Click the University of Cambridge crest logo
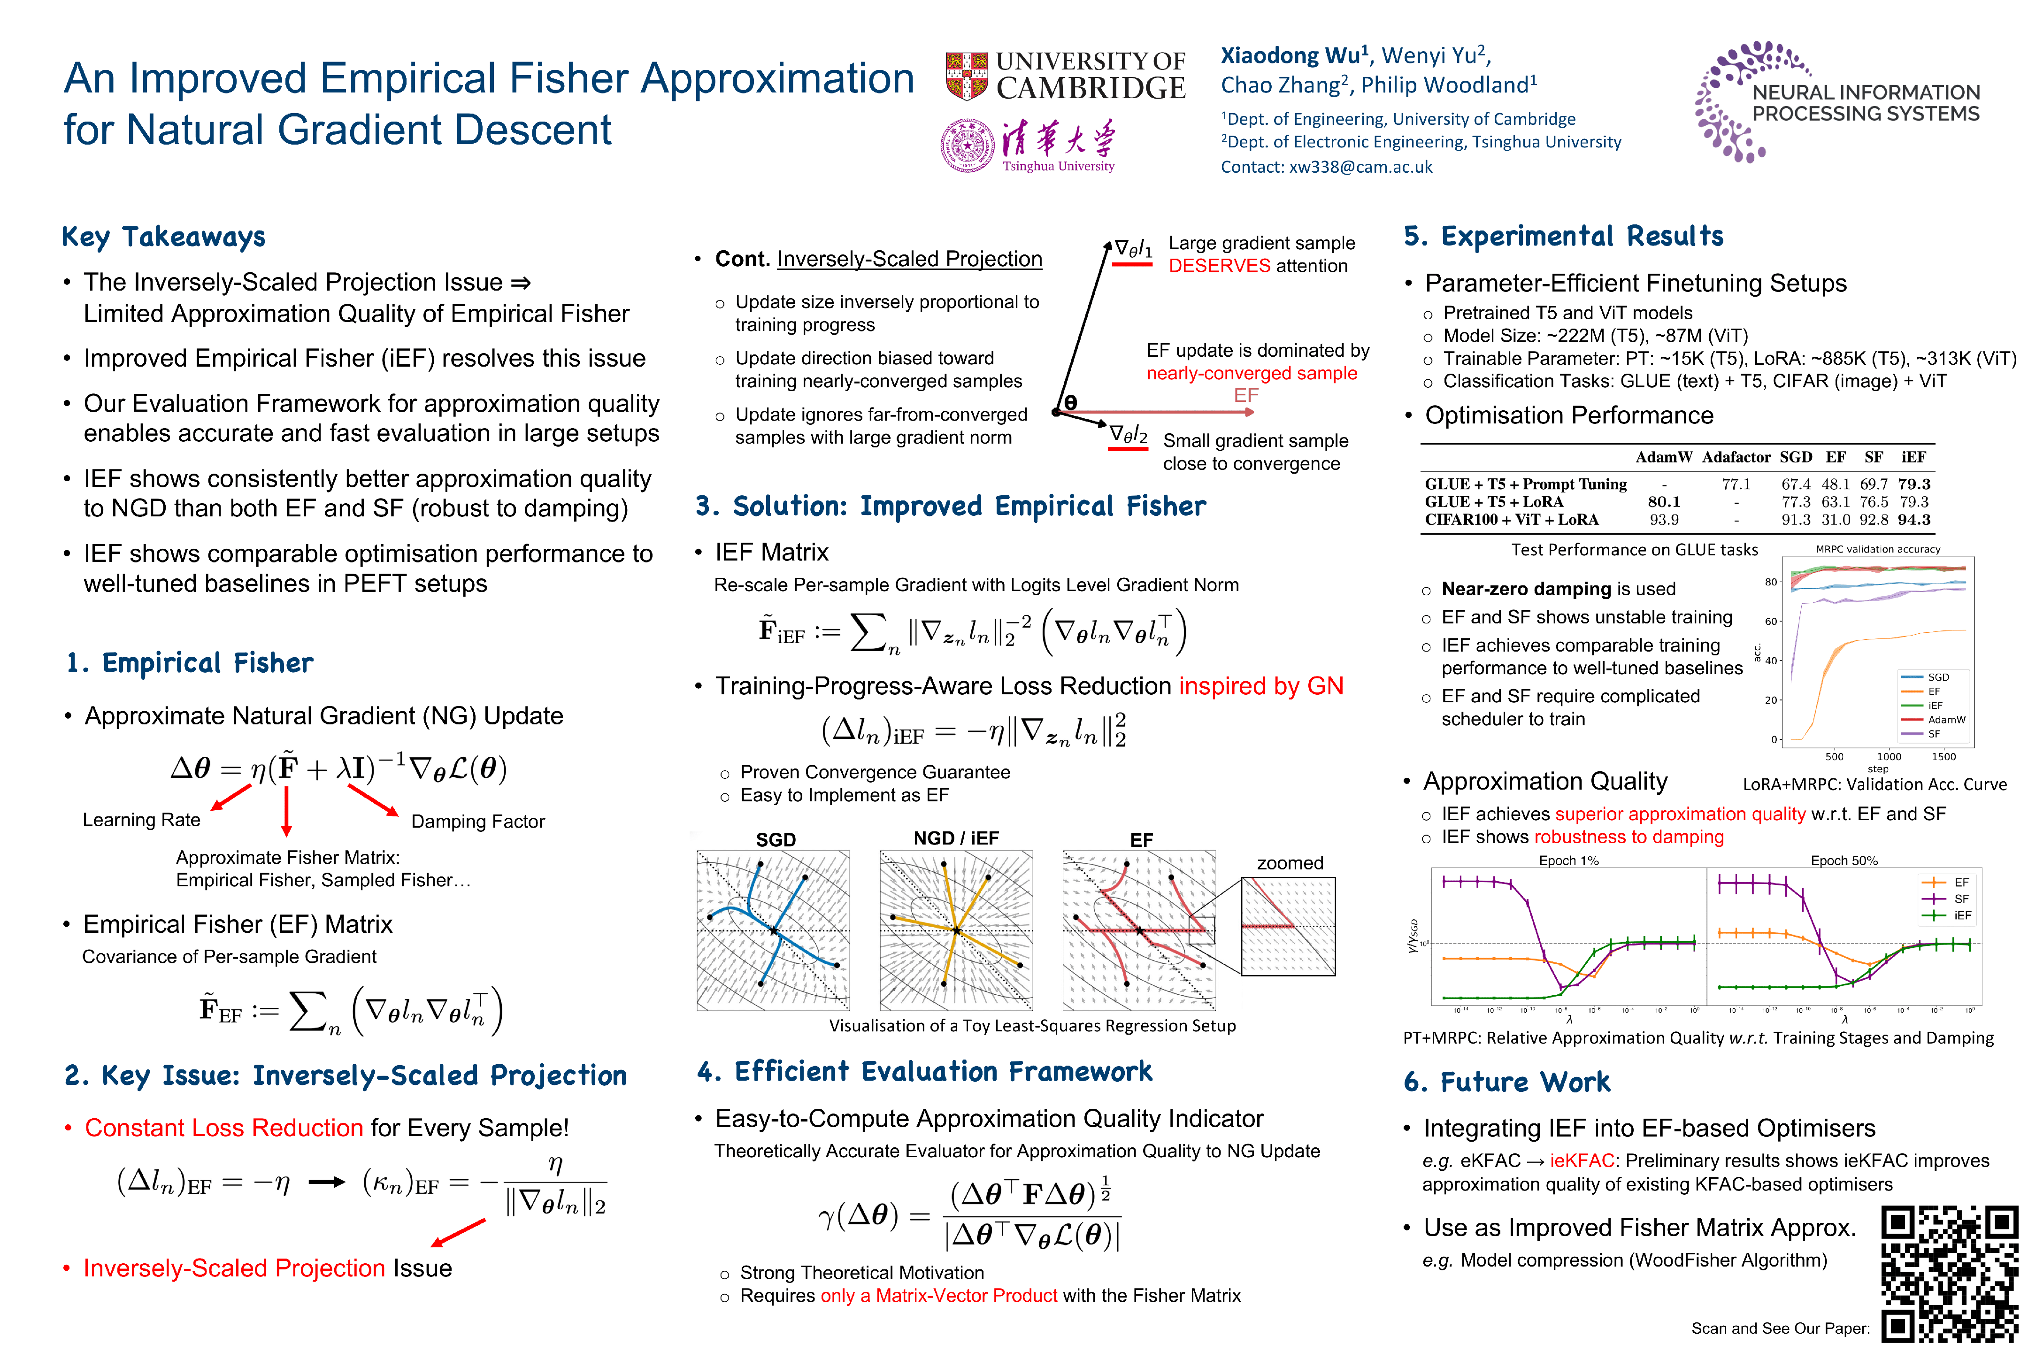click(967, 76)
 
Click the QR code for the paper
click(1949, 1275)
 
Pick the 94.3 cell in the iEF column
click(1913, 520)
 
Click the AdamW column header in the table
click(1663, 457)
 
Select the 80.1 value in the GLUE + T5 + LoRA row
click(1663, 502)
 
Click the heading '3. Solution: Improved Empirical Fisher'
click(950, 506)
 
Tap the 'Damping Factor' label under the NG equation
click(478, 822)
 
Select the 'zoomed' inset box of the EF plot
click(1288, 927)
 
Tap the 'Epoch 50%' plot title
click(1844, 860)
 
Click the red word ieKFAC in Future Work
click(1582, 1160)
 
